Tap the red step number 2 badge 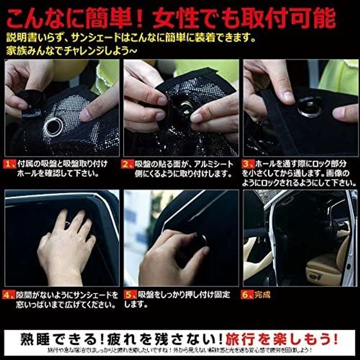click(x=128, y=164)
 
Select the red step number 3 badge click(x=248, y=164)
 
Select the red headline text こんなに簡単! click(x=75, y=18)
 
